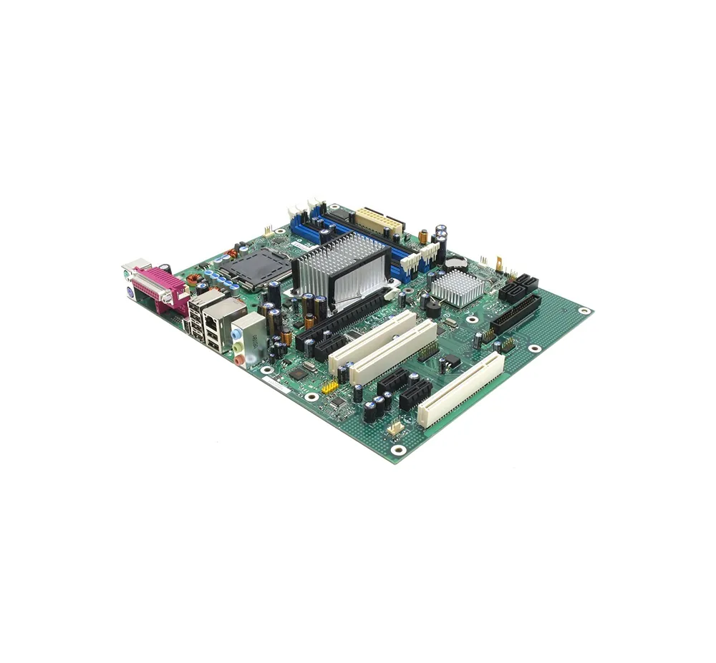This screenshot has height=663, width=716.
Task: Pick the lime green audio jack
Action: pyautogui.click(x=238, y=346)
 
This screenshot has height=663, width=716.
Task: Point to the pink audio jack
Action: pyautogui.click(x=241, y=359)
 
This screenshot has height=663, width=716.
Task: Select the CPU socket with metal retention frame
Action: pyautogui.click(x=245, y=268)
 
